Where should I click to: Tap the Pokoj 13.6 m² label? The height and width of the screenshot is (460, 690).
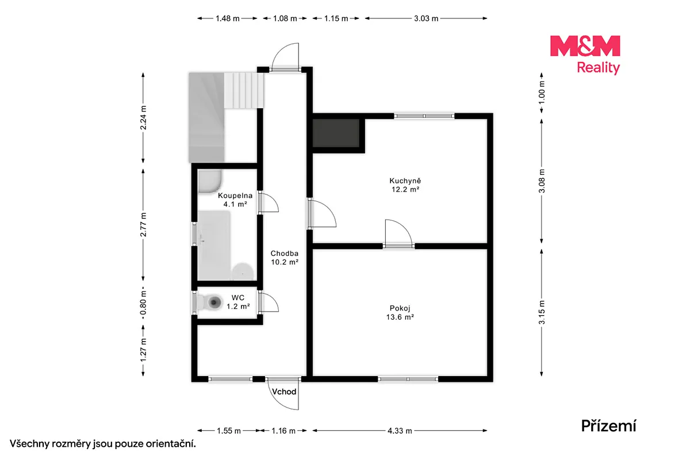click(x=400, y=312)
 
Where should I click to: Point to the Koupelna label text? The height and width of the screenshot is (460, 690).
click(x=235, y=195)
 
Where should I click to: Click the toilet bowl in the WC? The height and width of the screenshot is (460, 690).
click(x=214, y=302)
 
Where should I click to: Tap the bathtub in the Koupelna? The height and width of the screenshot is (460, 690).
click(x=214, y=245)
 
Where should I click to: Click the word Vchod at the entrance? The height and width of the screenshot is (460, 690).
click(x=284, y=392)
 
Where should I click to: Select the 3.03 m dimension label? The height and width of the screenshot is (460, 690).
click(x=426, y=18)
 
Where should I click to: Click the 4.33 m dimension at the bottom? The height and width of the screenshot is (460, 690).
click(x=400, y=431)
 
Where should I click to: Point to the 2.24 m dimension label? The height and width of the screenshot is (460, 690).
click(x=143, y=117)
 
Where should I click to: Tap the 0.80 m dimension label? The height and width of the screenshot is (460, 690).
click(x=143, y=304)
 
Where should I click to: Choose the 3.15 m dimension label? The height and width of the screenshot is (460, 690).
click(x=542, y=312)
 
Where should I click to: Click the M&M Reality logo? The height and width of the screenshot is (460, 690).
click(x=585, y=55)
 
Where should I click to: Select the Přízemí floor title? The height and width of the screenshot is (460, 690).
click(x=608, y=425)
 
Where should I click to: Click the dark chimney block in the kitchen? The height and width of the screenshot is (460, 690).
click(x=336, y=133)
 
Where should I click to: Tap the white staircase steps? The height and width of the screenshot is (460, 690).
click(x=243, y=90)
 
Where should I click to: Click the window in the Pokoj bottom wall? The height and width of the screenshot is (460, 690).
click(x=408, y=379)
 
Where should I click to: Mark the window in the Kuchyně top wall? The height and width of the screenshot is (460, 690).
click(x=424, y=116)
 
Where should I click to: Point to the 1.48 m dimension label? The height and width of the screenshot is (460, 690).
click(x=227, y=18)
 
